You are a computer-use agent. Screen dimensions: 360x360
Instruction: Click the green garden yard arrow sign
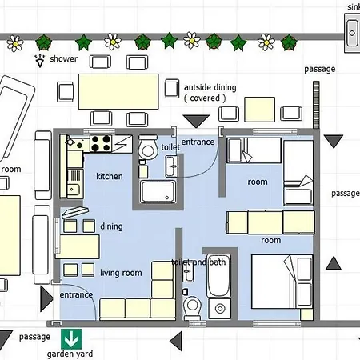click(71, 339)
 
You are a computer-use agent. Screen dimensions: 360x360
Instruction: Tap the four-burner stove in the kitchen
click(101, 143)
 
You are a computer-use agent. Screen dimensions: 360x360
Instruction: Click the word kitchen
click(110, 176)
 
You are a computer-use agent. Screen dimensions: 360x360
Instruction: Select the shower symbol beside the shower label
click(40, 61)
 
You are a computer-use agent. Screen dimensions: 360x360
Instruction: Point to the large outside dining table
click(118, 91)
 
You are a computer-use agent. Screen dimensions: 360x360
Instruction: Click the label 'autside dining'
click(210, 87)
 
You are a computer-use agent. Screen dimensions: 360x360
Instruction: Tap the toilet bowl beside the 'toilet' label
click(147, 148)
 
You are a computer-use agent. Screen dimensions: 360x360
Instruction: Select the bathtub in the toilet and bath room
click(218, 275)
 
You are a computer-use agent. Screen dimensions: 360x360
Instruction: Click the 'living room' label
click(121, 273)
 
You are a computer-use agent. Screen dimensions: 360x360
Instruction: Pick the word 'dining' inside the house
click(111, 226)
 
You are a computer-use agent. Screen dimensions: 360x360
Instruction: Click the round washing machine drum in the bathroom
click(220, 309)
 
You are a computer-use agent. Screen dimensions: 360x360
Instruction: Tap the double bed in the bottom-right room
click(282, 282)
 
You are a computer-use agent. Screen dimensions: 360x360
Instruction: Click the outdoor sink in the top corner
click(352, 33)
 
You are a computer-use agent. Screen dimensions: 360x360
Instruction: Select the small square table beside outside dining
click(259, 110)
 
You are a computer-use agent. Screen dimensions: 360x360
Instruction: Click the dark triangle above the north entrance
click(196, 122)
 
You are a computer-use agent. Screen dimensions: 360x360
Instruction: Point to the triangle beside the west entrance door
click(46, 299)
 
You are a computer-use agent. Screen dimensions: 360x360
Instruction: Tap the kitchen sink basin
click(73, 189)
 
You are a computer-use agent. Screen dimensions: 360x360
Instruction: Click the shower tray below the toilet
click(158, 191)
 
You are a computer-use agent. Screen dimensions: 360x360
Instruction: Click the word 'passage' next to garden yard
click(34, 337)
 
